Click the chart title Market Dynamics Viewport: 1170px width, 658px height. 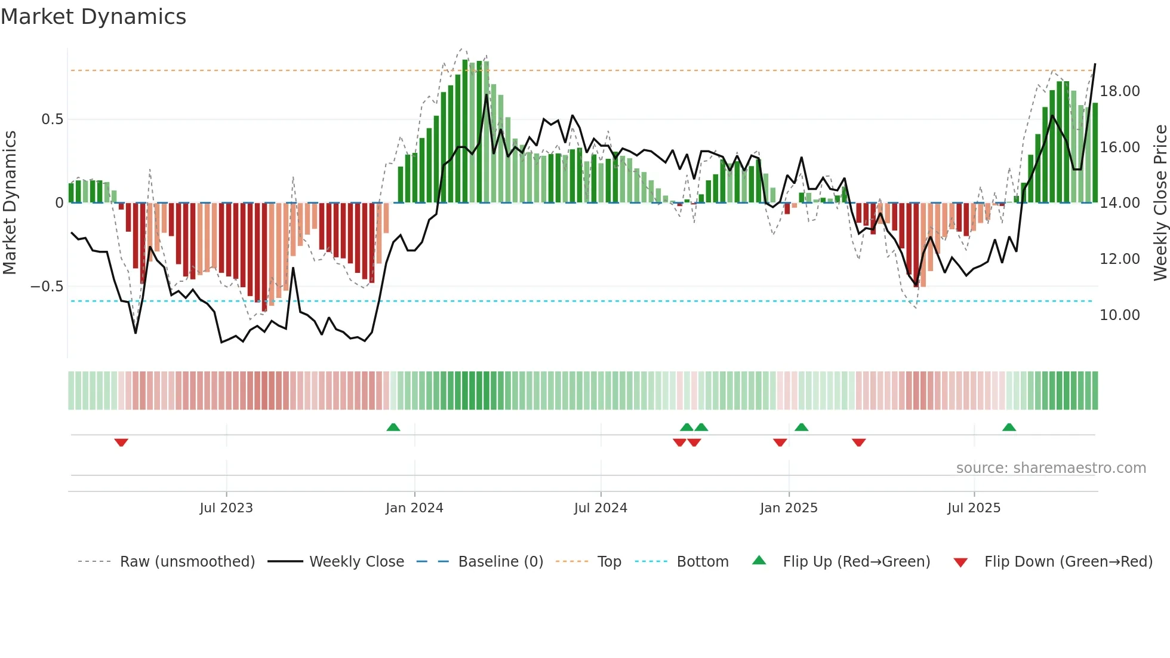click(x=93, y=17)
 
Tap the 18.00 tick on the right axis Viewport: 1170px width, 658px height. click(x=1119, y=91)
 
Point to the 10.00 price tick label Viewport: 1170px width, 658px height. click(x=1119, y=315)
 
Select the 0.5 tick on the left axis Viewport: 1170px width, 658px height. click(x=52, y=119)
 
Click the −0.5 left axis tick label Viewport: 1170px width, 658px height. click(x=47, y=287)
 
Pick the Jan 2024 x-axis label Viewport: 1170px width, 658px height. click(x=414, y=508)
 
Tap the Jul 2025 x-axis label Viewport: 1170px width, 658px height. click(x=974, y=508)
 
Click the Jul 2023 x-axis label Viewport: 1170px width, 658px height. click(x=226, y=508)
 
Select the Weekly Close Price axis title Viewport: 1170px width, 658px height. click(x=1160, y=203)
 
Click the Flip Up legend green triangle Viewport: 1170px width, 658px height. click(x=759, y=560)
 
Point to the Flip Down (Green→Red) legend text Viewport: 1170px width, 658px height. click(x=1068, y=562)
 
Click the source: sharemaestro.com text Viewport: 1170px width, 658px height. click(x=1051, y=468)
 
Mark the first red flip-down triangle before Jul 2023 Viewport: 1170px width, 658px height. click(x=121, y=442)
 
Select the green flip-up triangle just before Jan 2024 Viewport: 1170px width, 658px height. click(x=393, y=427)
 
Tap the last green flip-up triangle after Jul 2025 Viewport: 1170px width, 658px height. click(x=1009, y=427)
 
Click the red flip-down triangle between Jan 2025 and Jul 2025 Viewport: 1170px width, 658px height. click(x=858, y=442)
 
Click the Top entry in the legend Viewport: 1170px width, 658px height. click(x=609, y=562)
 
